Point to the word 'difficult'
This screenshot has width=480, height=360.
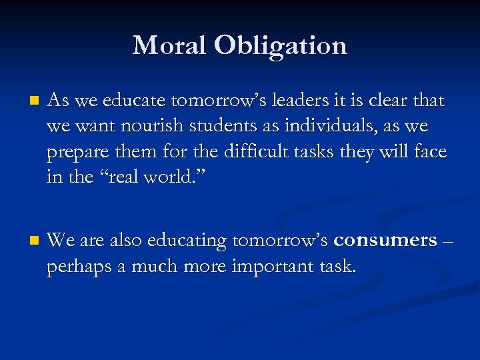(227, 151)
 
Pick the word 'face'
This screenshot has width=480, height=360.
(430, 151)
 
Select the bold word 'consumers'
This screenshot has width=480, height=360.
(385, 240)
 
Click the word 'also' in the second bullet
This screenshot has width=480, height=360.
(125, 240)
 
